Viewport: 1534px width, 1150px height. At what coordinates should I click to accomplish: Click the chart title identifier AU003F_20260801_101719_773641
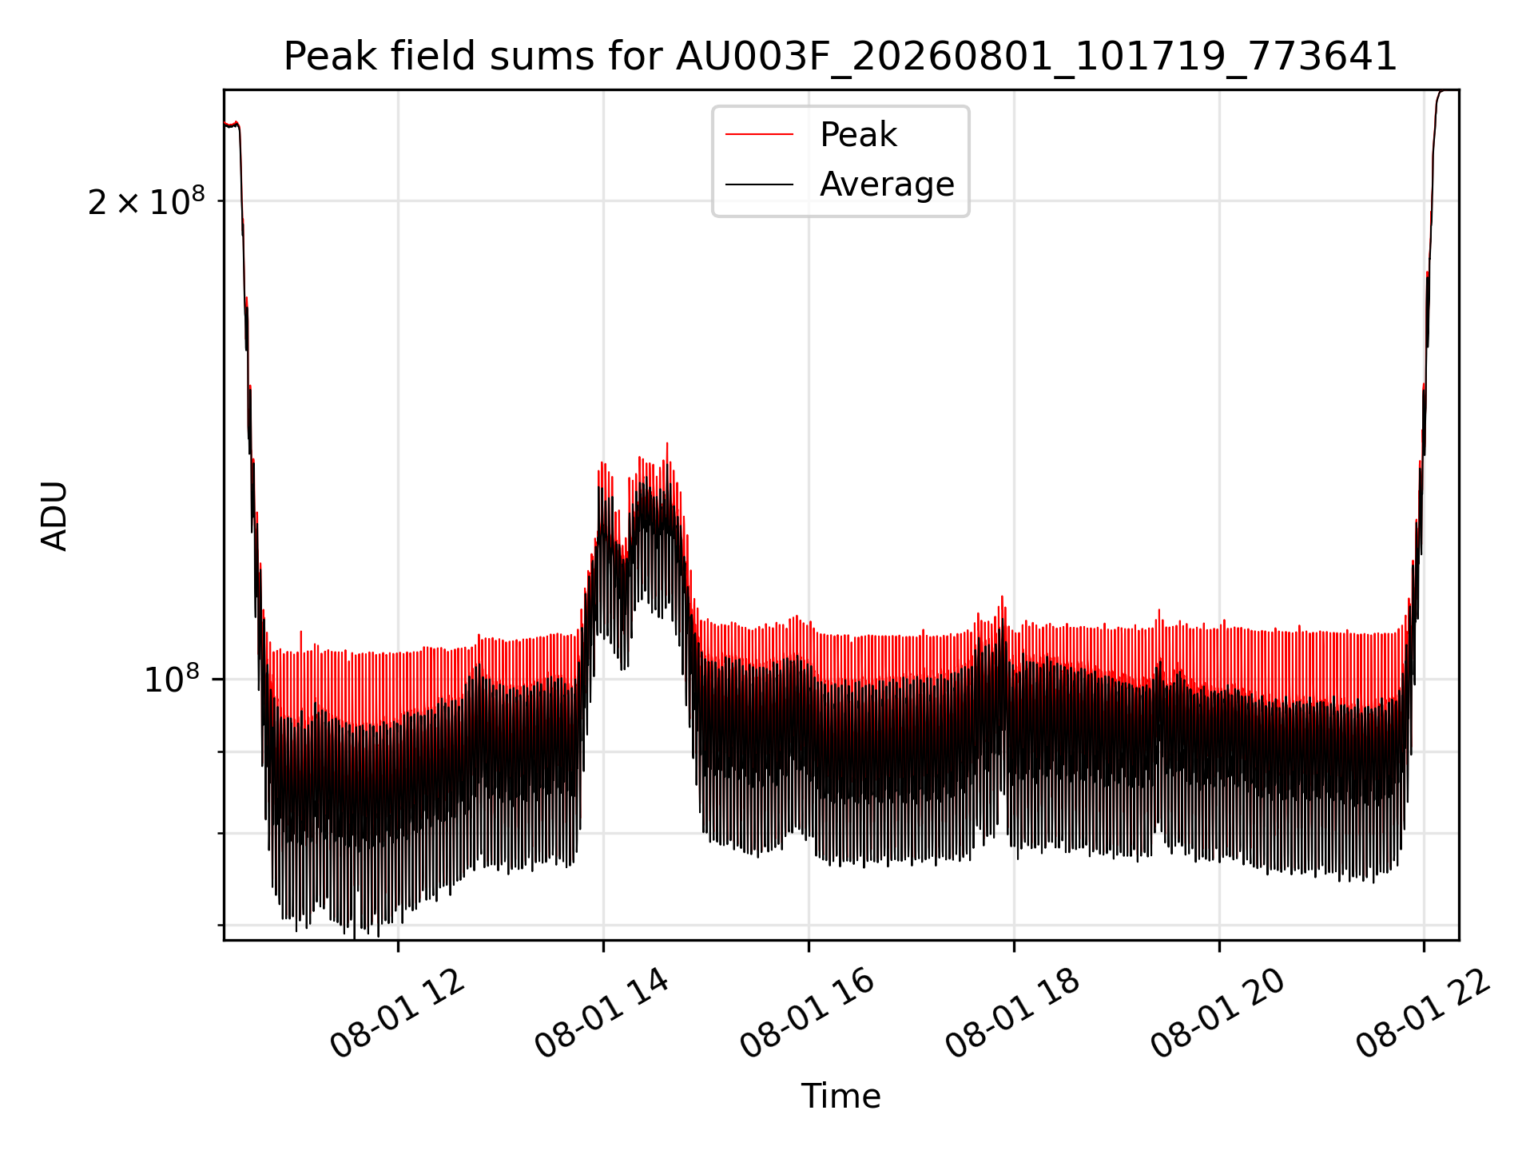(x=1036, y=57)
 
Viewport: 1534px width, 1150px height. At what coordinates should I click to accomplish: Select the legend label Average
(x=887, y=184)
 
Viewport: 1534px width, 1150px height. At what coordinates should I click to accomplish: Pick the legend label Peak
(x=858, y=134)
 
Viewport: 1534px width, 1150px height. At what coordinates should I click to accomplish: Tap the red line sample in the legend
(x=759, y=134)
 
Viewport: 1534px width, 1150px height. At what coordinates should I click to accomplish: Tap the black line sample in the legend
(x=759, y=184)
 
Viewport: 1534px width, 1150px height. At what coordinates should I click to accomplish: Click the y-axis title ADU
(x=54, y=515)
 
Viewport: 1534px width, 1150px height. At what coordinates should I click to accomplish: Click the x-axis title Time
(x=841, y=1096)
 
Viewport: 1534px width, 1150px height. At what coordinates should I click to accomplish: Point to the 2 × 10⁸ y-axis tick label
(x=146, y=201)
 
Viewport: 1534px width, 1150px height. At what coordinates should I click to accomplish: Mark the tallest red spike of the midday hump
(x=667, y=444)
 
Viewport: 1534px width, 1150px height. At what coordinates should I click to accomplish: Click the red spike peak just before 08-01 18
(x=1002, y=597)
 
